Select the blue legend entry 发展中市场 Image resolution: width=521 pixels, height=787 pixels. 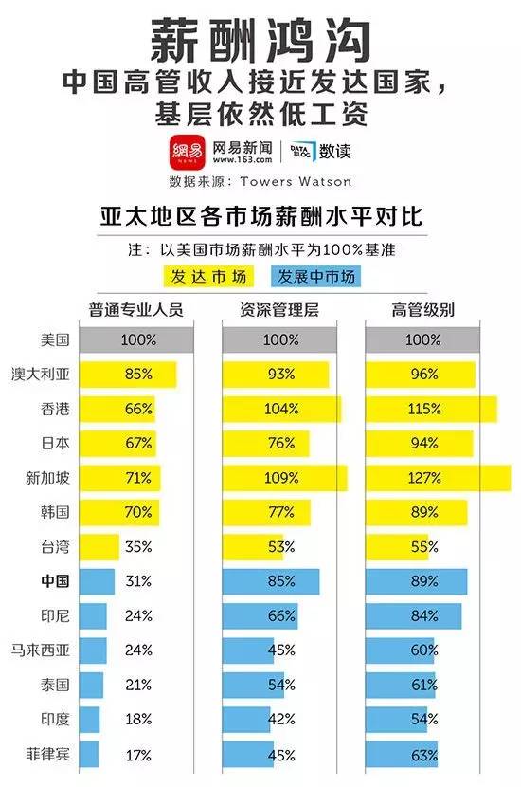click(315, 277)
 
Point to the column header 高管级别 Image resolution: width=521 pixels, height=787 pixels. click(422, 309)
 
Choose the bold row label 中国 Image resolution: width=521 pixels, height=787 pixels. click(56, 580)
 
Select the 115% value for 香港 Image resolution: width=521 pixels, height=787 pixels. click(422, 409)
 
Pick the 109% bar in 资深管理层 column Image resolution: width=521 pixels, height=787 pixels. click(283, 478)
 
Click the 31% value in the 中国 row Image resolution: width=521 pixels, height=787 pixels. click(138, 580)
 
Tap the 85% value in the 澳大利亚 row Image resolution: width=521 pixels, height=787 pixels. click(138, 374)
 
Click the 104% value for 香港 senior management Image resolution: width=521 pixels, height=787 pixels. click(280, 409)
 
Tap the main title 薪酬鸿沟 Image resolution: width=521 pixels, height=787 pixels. click(260, 42)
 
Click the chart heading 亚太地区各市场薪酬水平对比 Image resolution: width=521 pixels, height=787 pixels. click(260, 217)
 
